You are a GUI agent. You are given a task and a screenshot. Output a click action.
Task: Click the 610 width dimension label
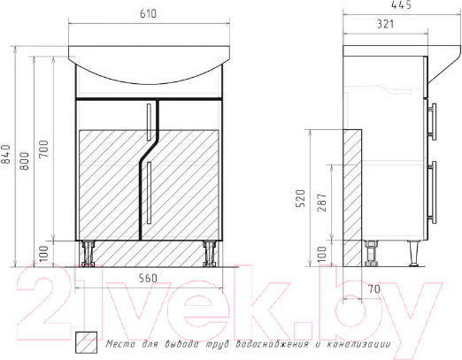point(148,14)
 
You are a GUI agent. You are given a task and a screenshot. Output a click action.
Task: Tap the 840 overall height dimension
point(6,154)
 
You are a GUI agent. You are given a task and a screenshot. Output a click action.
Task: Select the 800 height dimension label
point(25,161)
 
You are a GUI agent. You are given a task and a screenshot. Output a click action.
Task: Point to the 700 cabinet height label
point(43,149)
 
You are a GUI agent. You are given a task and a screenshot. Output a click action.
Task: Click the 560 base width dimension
point(148,278)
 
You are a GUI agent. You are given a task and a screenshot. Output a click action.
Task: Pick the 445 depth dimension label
point(401,4)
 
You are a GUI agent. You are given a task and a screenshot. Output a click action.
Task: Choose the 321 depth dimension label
point(386,24)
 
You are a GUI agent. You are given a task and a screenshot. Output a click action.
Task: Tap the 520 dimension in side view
point(300,198)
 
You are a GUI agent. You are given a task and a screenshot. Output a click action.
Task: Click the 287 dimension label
point(322,203)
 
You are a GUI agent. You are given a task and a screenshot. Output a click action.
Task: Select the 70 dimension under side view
point(374,289)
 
